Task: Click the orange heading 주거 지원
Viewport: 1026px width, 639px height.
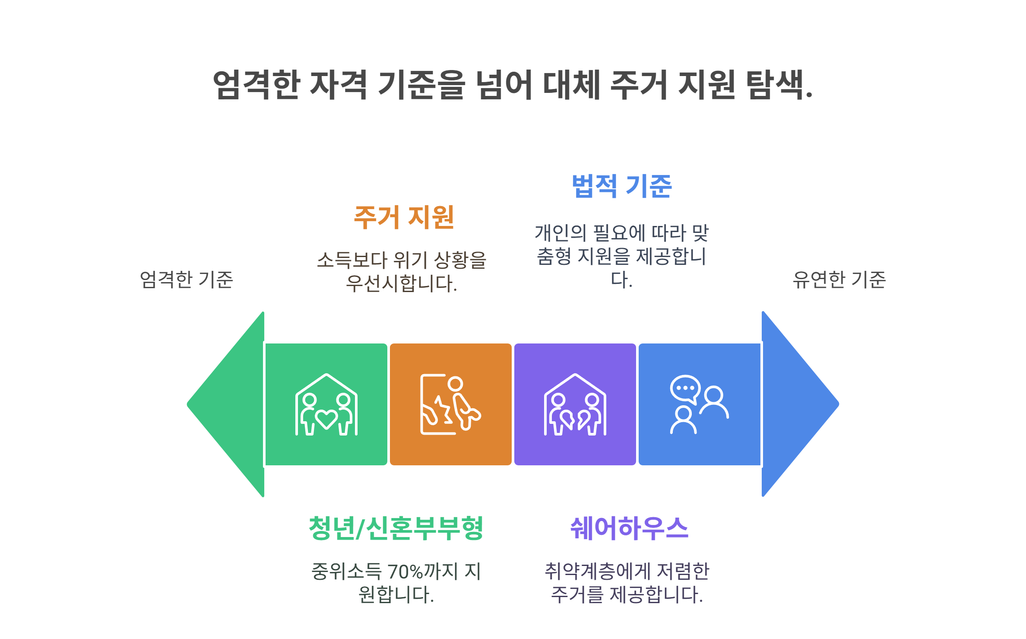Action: point(404,217)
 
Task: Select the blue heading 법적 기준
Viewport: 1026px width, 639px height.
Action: point(621,186)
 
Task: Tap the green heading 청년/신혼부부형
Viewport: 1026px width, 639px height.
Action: point(396,528)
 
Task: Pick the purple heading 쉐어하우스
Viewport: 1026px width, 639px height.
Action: point(629,528)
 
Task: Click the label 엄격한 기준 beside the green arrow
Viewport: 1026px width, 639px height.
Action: point(187,280)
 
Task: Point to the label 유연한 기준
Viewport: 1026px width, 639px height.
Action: point(839,280)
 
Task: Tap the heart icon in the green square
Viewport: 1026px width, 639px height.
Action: point(326,418)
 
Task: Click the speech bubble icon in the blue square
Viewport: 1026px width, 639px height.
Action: point(685,388)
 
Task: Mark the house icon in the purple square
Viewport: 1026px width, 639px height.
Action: point(575,404)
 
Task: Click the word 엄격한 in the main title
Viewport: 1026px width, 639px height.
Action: point(256,85)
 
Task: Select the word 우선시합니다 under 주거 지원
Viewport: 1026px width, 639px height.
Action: point(401,284)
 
